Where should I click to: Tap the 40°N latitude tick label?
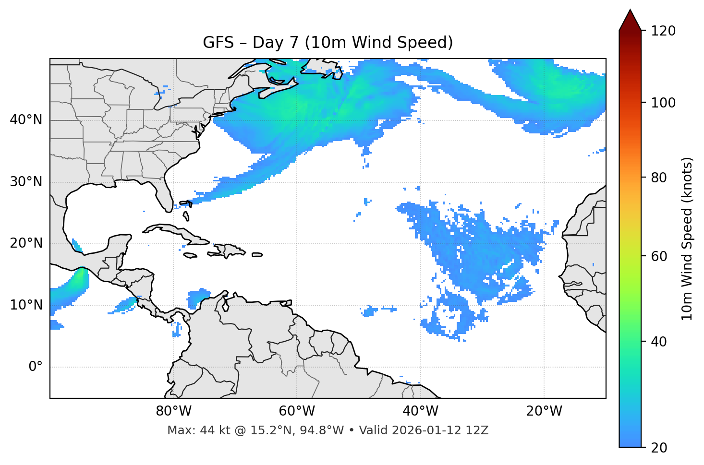coord(26,120)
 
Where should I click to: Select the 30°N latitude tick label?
coord(26,182)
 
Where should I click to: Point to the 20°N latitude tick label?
coord(26,243)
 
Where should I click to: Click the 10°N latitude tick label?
coord(26,305)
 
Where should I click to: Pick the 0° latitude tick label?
coord(36,367)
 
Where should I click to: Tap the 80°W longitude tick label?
coord(173,411)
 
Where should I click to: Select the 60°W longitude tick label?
coord(297,411)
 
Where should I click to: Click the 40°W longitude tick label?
coord(420,411)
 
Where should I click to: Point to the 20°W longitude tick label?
coord(544,411)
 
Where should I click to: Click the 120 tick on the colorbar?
coord(663,31)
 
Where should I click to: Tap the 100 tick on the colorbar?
coord(663,103)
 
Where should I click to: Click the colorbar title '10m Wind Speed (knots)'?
coord(687,238)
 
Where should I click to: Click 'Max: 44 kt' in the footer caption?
coord(190,430)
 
